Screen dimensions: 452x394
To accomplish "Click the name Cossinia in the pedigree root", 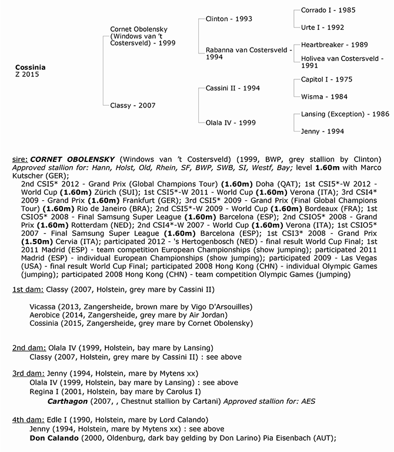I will coord(31,68).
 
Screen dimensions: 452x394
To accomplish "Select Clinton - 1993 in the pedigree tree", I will coord(229,19).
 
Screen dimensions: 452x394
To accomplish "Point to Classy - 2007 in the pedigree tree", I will coord(133,106).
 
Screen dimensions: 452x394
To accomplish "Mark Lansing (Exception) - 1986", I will coord(340,114).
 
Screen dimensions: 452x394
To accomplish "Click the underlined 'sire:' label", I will coord(21,159).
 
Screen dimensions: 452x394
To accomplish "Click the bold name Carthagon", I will coord(66,400).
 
